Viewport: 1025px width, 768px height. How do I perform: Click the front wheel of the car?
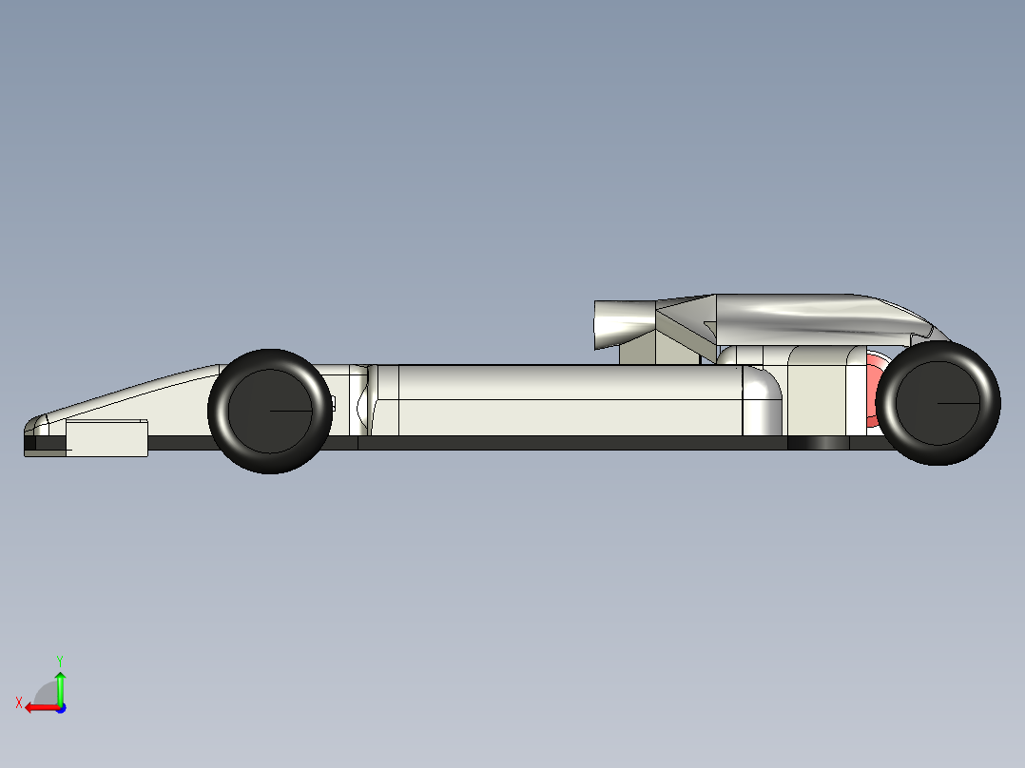[270, 412]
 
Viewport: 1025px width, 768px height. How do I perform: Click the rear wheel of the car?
[938, 403]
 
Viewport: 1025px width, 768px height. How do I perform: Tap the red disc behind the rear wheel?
[872, 391]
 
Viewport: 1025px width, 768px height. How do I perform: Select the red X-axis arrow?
[43, 708]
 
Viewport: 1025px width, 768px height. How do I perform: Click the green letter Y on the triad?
[60, 661]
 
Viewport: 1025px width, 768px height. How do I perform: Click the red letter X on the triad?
[19, 702]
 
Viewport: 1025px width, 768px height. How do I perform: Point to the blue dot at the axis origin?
[61, 708]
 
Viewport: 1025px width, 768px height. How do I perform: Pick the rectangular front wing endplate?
[106, 438]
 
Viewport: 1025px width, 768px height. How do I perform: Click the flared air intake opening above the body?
[625, 324]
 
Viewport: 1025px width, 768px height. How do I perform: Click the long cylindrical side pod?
[569, 400]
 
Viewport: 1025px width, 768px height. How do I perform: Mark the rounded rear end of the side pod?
[763, 400]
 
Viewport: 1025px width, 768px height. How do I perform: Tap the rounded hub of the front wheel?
[270, 412]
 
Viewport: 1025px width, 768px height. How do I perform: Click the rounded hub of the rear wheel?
[938, 403]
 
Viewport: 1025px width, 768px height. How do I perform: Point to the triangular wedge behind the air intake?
[687, 320]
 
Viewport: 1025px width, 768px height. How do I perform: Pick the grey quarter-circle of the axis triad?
[45, 694]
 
